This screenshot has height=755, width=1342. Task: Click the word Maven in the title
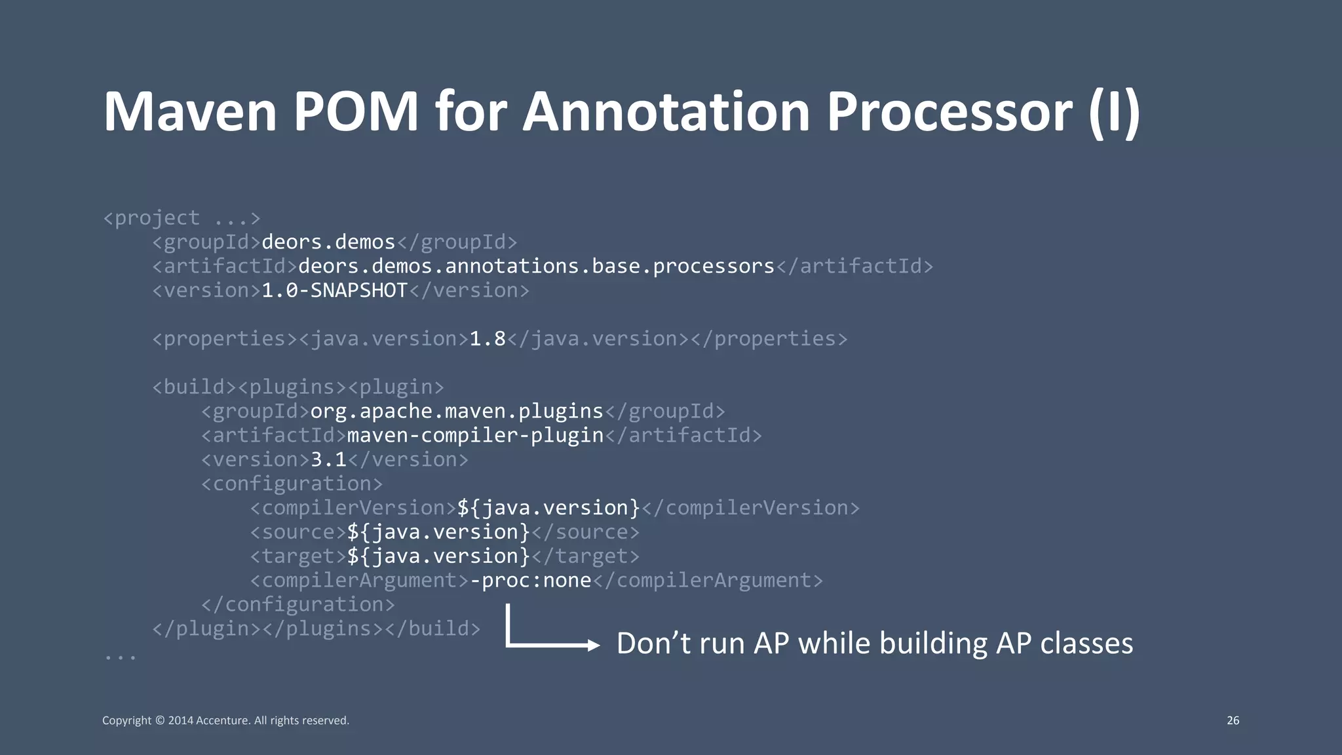[x=190, y=111]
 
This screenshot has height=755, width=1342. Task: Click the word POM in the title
[x=356, y=111]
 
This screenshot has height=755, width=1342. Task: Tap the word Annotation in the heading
[x=666, y=111]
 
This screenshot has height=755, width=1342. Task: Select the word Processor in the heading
[x=949, y=111]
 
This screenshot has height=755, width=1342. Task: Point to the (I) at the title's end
[x=1114, y=113]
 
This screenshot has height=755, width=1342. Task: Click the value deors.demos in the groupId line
[x=328, y=242]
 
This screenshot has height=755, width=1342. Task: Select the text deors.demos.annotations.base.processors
[x=536, y=267]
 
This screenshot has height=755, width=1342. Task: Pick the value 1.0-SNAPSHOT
[x=334, y=290]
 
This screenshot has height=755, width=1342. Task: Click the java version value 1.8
[x=488, y=339]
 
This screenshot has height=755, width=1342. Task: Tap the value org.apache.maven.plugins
[x=456, y=412]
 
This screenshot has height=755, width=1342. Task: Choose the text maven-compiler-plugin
[x=474, y=436]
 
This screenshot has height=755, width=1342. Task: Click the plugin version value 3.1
[x=328, y=459]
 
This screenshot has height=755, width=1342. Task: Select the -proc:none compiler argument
[x=531, y=581]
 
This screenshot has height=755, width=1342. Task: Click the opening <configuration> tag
[x=292, y=484]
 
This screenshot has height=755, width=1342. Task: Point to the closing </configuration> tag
[x=298, y=605]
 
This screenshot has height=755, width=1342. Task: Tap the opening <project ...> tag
[x=182, y=218]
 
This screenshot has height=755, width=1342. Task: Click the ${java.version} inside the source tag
[x=438, y=532]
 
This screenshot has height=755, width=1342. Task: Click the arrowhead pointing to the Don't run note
[x=594, y=646]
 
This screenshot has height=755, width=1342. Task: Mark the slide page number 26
[x=1233, y=720]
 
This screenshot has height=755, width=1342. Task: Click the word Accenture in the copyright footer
[x=222, y=720]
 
